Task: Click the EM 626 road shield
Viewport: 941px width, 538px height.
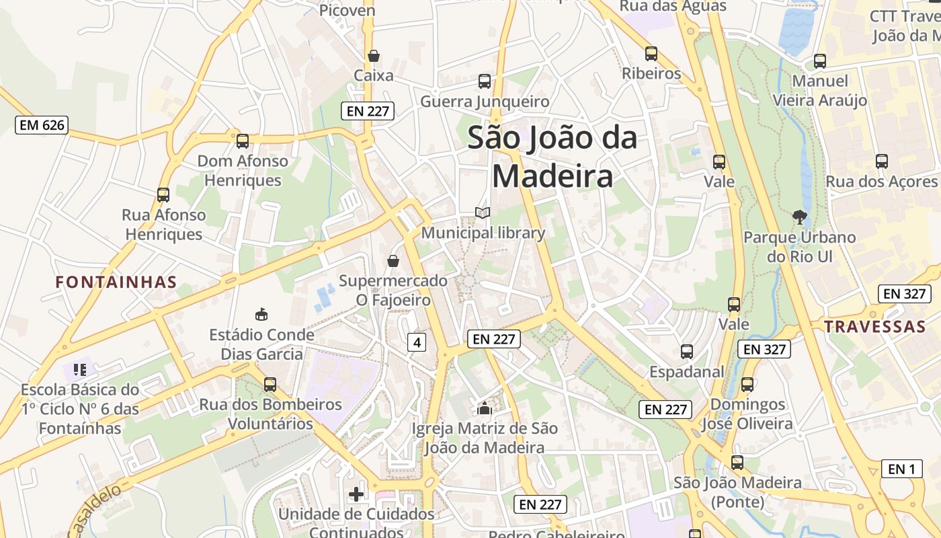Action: tap(42, 124)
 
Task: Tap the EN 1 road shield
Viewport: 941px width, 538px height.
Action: tap(901, 469)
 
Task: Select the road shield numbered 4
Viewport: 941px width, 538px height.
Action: tap(417, 342)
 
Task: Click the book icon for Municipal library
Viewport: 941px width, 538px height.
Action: tap(483, 213)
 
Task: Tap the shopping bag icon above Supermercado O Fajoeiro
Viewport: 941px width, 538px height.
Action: tap(393, 260)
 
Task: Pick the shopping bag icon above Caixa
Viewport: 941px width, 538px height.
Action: tap(373, 55)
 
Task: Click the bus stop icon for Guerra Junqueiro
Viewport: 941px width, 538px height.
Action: tap(485, 81)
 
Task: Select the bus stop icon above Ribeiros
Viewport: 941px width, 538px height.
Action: tap(651, 54)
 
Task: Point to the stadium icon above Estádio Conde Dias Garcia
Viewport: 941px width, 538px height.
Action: tap(261, 314)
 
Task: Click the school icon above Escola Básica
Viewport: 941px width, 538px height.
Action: tap(80, 369)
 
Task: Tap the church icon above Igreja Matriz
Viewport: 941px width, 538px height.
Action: tap(484, 408)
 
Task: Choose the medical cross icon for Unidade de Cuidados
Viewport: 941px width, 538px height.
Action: tap(356, 494)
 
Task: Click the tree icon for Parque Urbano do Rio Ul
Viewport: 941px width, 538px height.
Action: tap(799, 217)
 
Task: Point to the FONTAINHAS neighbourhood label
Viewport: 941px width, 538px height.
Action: tap(116, 282)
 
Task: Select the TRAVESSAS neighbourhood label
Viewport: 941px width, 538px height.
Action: tap(875, 327)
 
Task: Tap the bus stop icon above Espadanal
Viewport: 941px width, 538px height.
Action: tap(686, 351)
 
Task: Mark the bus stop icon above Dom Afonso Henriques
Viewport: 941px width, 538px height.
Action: tap(243, 141)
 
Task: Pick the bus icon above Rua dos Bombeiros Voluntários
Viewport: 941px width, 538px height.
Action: tap(270, 385)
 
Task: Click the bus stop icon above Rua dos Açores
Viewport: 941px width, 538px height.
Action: tap(881, 161)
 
